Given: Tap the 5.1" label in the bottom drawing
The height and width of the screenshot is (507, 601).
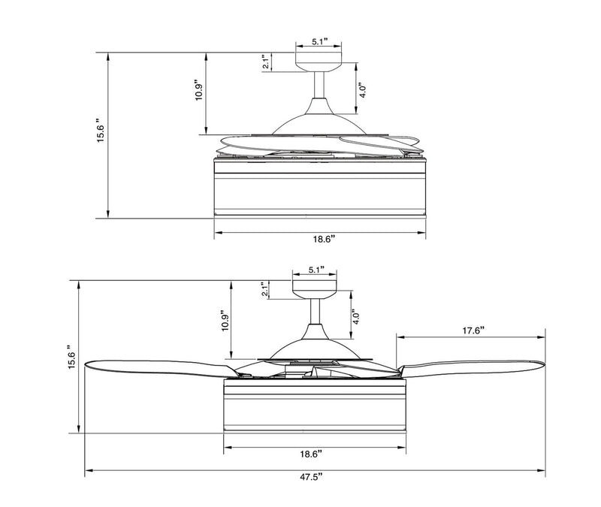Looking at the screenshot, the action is point(316,270).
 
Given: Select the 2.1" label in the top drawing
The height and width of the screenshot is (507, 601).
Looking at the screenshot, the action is point(265,62).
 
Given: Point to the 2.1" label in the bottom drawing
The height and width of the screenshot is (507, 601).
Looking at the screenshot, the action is point(264,290).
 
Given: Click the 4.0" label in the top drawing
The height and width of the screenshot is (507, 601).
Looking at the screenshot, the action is point(363,90).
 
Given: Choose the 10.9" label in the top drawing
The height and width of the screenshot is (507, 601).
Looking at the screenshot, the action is point(198,90).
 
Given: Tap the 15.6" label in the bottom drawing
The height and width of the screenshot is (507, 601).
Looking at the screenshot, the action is point(72,355).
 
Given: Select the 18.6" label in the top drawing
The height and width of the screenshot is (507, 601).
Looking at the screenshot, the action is point(325,240).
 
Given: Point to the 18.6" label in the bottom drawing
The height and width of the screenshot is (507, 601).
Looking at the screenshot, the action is point(310,454).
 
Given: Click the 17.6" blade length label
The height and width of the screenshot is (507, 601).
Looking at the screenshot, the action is point(473,330).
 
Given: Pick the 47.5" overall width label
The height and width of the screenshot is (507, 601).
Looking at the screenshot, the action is point(311,477).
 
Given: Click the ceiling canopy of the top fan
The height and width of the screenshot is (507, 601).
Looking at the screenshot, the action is point(318,62).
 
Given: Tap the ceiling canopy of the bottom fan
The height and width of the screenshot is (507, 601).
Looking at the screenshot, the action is point(315,289).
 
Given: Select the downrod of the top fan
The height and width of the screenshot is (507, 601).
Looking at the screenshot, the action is point(319,85).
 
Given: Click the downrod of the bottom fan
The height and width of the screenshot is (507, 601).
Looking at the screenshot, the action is point(316,311).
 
